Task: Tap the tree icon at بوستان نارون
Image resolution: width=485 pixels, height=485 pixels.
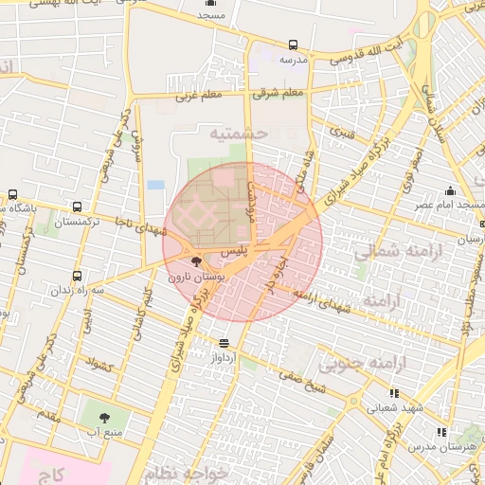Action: click(x=196, y=261)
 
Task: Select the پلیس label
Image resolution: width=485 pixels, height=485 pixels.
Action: click(x=233, y=251)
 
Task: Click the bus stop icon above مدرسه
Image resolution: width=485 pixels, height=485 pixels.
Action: click(x=292, y=45)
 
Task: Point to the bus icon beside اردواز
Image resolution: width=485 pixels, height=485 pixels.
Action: click(x=225, y=342)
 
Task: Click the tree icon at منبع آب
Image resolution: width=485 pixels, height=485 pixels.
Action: click(x=103, y=416)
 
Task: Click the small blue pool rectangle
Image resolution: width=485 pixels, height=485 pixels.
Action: click(x=155, y=184)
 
